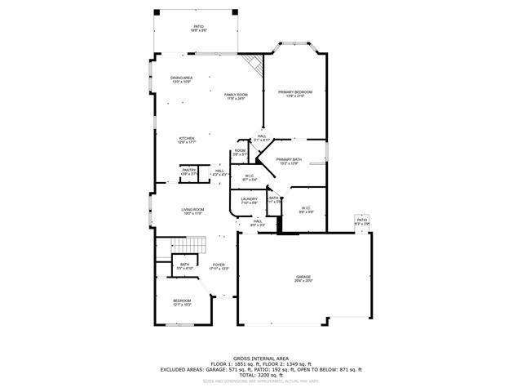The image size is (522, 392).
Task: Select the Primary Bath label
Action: (289, 161)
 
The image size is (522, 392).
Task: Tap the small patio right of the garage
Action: (362, 222)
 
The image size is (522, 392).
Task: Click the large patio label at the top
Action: (198, 28)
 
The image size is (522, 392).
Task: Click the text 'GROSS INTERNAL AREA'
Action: (261, 358)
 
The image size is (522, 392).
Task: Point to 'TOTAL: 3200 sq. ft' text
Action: (261, 374)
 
